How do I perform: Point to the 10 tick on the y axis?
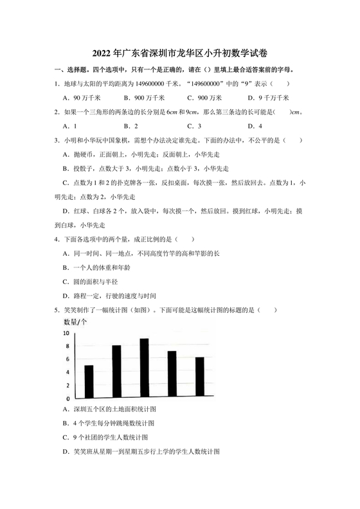67,333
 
